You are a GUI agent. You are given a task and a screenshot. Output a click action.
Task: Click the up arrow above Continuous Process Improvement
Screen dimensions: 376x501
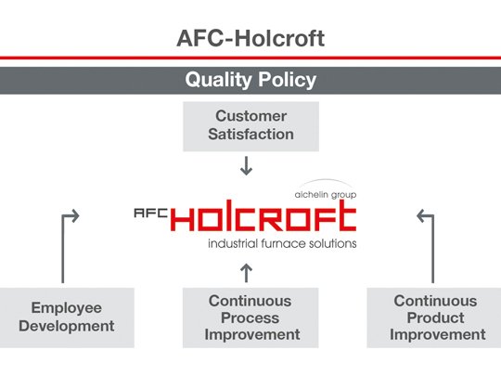pyautogui.click(x=247, y=272)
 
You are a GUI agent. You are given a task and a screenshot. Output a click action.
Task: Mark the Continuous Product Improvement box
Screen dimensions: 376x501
pyautogui.click(x=434, y=317)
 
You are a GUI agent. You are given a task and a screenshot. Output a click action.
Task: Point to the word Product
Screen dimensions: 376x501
pyautogui.click(x=434, y=318)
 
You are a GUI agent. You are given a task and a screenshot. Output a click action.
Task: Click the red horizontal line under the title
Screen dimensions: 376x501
pyautogui.click(x=250, y=58)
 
